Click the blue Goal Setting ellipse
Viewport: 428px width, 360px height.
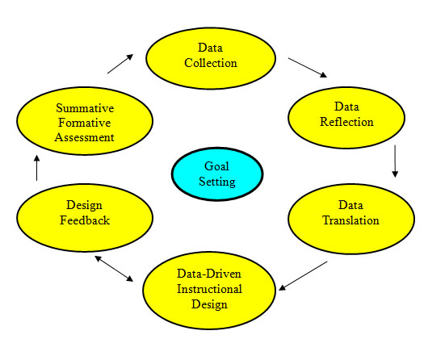(217, 174)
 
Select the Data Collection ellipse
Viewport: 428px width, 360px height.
(211, 58)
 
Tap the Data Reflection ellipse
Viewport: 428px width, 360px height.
(346, 118)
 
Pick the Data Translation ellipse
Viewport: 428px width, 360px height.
(351, 219)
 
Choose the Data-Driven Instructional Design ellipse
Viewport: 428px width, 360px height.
(209, 291)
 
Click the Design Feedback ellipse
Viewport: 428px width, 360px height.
(85, 217)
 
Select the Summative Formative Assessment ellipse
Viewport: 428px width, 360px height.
(85, 121)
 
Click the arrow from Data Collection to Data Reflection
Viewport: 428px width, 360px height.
(308, 68)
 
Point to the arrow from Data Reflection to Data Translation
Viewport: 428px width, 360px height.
(395, 161)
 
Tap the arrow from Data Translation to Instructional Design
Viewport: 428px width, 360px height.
(303, 276)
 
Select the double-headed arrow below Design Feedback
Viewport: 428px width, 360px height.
(114, 269)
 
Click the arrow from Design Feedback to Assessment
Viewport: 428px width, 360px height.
(37, 168)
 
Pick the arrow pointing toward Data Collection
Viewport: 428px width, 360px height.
(120, 64)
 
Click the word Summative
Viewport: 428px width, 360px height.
(85, 108)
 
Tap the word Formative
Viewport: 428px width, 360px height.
(85, 123)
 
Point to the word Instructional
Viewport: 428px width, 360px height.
(209, 289)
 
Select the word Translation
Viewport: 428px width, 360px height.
(351, 220)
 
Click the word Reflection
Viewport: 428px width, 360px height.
(346, 122)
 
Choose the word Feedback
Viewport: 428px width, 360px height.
(85, 220)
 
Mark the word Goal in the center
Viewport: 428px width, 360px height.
(216, 166)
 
